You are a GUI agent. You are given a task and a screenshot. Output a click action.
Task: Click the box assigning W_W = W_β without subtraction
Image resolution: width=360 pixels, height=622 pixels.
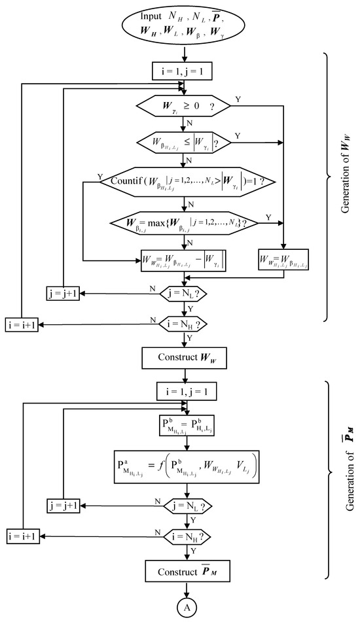283,260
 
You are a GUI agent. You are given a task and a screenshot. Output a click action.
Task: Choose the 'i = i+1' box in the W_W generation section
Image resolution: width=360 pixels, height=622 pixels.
21,323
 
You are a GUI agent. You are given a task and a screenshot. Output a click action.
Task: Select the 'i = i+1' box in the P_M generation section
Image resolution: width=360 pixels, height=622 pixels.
21,536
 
